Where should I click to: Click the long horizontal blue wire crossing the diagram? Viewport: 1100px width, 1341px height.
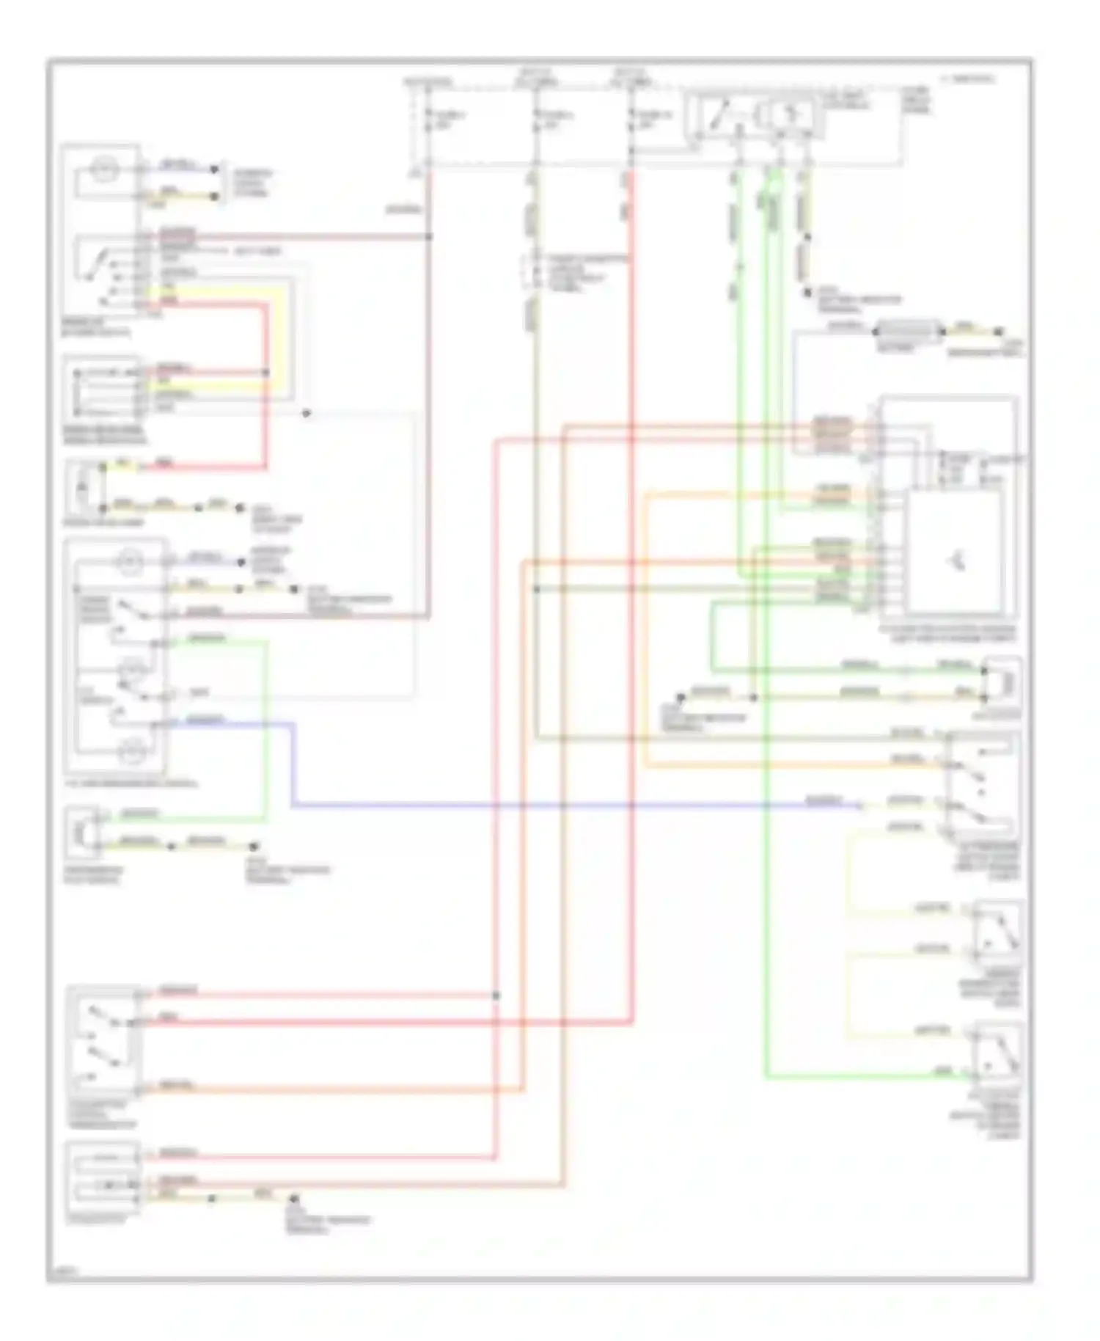point(572,806)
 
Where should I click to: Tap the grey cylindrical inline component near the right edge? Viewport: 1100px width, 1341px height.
point(909,332)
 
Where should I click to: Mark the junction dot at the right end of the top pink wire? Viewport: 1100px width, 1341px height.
point(429,236)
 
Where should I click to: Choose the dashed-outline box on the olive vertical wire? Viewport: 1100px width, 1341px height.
point(529,272)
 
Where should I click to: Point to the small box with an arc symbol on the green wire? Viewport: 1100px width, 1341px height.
point(80,832)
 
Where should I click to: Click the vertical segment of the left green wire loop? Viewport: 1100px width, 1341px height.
point(266,726)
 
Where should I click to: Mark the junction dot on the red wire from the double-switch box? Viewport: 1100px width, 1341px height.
point(496,995)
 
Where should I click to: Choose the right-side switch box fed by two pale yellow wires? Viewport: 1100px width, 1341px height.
point(997,931)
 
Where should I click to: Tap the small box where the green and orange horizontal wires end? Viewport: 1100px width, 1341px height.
point(1002,682)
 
